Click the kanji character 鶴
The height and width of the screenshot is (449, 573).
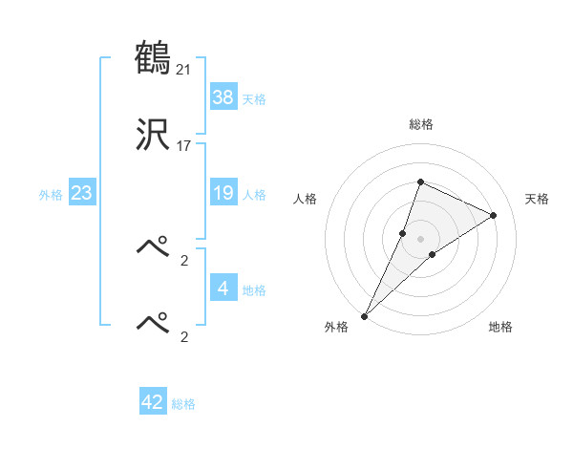(153, 58)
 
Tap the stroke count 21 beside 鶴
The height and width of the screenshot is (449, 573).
(185, 69)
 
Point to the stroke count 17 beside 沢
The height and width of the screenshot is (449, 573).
(185, 147)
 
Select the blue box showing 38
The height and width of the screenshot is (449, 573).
(223, 96)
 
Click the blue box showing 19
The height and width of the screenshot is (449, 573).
(223, 193)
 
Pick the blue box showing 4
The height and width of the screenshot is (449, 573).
(223, 289)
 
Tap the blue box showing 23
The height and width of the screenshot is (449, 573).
(82, 193)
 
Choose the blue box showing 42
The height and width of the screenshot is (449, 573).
(153, 402)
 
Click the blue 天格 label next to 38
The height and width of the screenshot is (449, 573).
(254, 99)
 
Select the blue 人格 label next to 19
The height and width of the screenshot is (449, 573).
(254, 195)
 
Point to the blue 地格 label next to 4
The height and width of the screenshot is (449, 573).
(254, 290)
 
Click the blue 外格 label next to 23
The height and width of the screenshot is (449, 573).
(51, 195)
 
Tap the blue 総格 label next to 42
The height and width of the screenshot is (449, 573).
(183, 404)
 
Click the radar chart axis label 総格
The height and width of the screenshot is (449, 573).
(420, 124)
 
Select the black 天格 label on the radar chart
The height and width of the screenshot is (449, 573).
(537, 199)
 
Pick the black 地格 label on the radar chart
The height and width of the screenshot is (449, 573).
(500, 327)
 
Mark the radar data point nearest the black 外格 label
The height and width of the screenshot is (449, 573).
(365, 315)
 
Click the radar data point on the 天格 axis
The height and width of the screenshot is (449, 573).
(494, 215)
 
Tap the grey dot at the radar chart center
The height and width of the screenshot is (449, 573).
(420, 239)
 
